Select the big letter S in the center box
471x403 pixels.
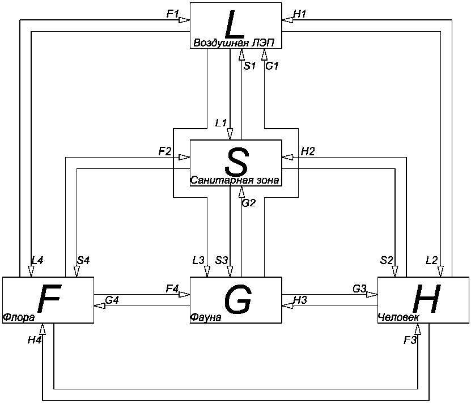(236, 162)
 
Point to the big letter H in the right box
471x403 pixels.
(426, 299)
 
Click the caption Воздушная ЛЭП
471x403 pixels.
(236, 43)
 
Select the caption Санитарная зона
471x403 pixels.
(235, 181)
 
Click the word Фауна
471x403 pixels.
(206, 318)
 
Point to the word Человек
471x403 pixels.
(398, 317)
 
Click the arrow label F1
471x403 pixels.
(173, 14)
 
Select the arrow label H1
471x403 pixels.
(300, 14)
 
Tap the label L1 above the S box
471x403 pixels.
(221, 122)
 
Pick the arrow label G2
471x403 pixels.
(249, 203)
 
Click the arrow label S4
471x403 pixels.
(83, 260)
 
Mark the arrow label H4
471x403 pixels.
(34, 340)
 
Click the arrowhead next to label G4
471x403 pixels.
(99, 306)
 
